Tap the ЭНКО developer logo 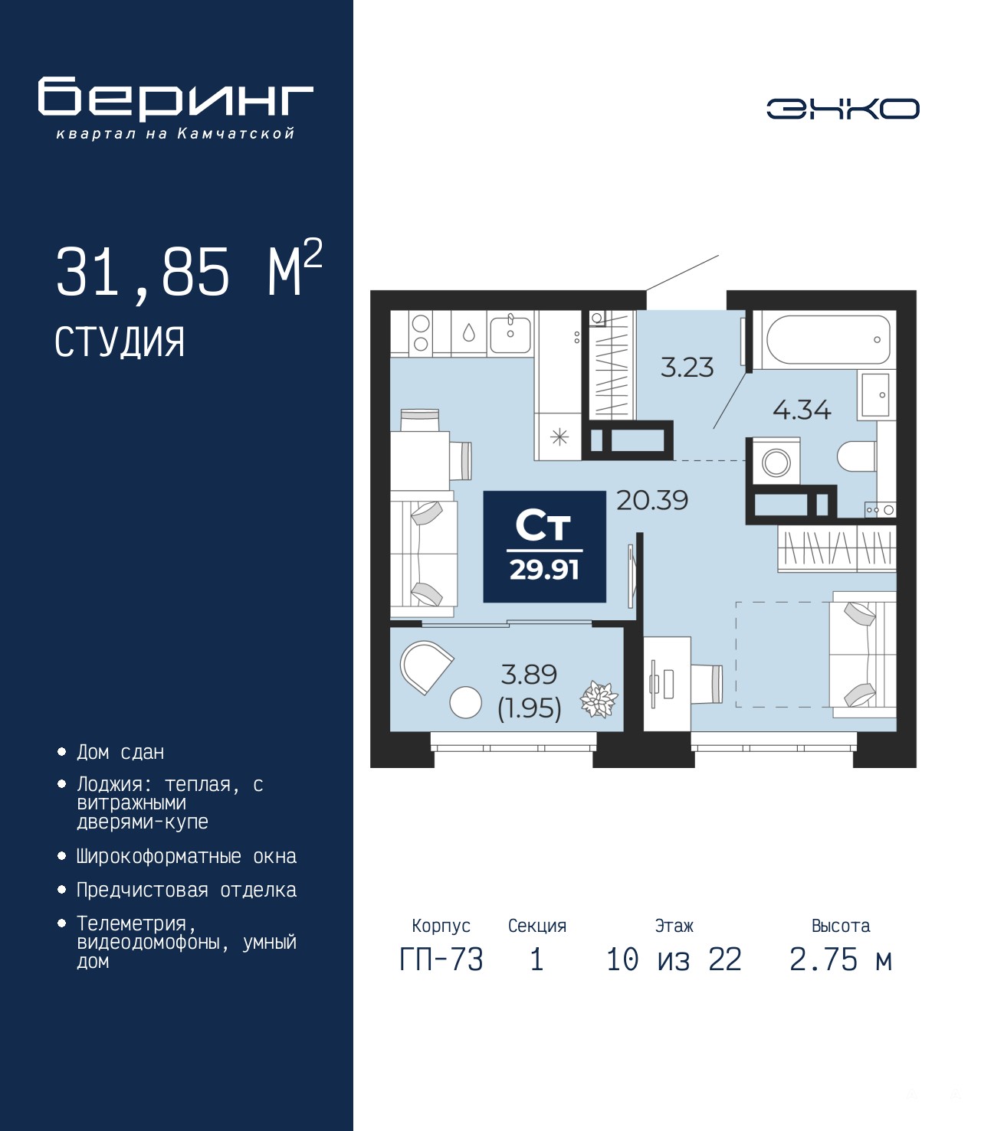point(842,109)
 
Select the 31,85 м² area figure point(189,270)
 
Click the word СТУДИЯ point(120,342)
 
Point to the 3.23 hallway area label point(687,367)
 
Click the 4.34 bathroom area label point(802,409)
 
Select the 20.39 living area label point(652,500)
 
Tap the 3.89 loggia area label point(529,674)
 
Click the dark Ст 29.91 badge point(544,547)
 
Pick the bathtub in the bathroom point(828,339)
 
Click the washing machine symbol point(776,461)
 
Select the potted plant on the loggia point(599,699)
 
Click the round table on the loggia point(465,702)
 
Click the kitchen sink point(510,334)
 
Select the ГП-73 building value point(441,959)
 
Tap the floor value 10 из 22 point(674,959)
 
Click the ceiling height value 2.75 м point(841,959)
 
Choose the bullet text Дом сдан point(120,753)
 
